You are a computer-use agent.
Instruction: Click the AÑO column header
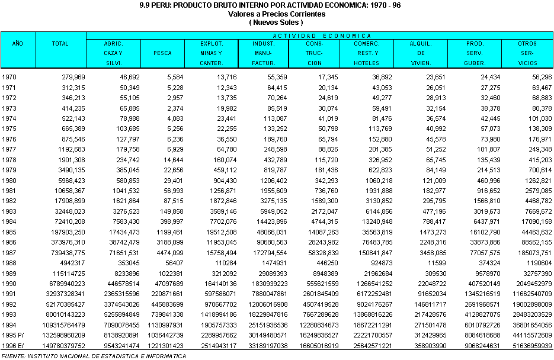tap(18, 44)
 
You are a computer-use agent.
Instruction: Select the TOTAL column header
tap(60, 44)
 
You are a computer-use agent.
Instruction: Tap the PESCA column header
tap(162, 53)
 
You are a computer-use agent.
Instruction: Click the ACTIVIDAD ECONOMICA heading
tap(322, 36)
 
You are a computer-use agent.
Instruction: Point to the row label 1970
tap(9, 77)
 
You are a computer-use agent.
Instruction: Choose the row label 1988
tap(9, 262)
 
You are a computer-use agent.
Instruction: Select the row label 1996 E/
tap(12, 345)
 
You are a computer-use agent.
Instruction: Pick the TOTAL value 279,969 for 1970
tap(71, 77)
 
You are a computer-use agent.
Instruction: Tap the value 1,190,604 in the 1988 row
tap(539, 262)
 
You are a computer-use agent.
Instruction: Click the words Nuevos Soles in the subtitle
tap(276, 22)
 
